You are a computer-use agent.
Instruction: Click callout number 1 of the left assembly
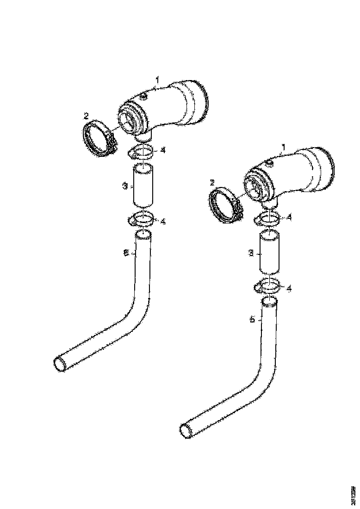(x=157, y=81)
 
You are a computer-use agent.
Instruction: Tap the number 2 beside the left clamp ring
(x=86, y=116)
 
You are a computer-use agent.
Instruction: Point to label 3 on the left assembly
(x=125, y=186)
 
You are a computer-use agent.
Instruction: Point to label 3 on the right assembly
(x=250, y=254)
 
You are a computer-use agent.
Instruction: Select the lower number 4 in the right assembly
(x=289, y=288)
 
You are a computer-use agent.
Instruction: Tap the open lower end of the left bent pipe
(x=61, y=363)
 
